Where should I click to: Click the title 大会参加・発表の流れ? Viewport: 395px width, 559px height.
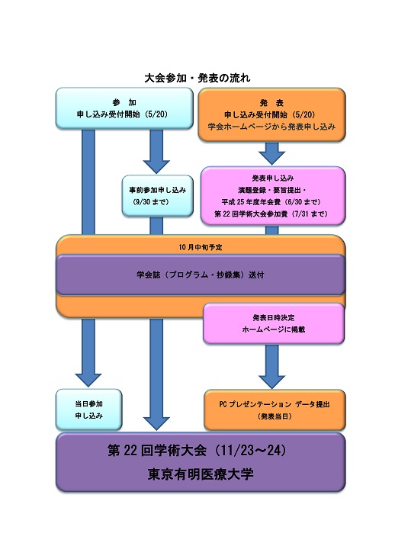coord(197,78)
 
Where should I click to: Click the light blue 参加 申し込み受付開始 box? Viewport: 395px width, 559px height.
coord(124,108)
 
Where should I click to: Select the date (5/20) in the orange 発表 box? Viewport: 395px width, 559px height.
coord(303,115)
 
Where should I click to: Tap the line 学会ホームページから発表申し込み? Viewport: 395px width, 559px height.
coord(271,127)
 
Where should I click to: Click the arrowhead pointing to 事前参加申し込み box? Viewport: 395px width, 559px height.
coord(156,167)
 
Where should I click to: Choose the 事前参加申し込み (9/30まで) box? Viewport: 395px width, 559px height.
coord(158,196)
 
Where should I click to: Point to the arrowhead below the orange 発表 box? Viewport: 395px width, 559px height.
coord(271,158)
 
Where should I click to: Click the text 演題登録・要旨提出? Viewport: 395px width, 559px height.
coord(270,190)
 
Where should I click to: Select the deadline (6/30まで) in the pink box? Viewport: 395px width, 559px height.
coord(303,202)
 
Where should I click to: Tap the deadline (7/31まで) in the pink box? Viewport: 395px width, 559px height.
coord(309,214)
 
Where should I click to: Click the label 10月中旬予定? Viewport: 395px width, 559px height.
coord(201,247)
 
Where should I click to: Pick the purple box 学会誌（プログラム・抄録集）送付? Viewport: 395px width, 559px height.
coord(201,275)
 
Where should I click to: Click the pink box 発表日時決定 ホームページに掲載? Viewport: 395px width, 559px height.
coord(274,323)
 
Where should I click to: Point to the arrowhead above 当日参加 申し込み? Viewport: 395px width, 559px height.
coord(88,381)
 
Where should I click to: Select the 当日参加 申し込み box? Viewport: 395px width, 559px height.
coord(88,410)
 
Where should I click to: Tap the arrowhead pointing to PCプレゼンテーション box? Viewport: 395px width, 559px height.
coord(271,382)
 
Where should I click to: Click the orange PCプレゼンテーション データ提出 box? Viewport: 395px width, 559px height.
coord(275,410)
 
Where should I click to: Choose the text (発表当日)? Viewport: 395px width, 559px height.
coord(275,416)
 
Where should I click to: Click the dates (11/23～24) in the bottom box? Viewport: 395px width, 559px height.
coord(252,451)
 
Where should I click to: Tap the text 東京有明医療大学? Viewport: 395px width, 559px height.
coord(201,474)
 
